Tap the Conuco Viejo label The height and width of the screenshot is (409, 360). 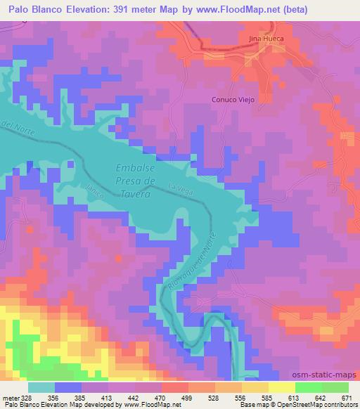click(233, 100)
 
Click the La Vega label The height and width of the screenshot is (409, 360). click(180, 187)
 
